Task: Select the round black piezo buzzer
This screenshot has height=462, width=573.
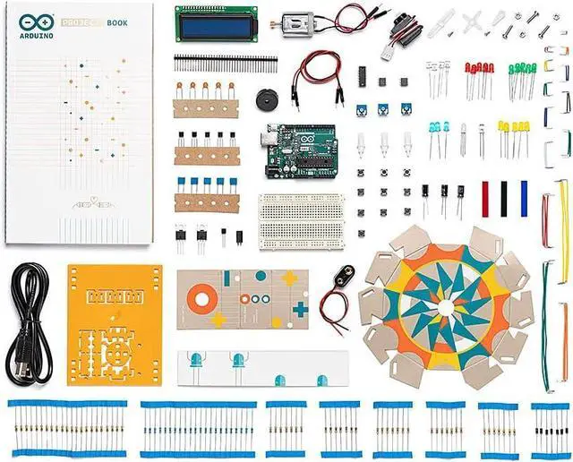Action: (266, 98)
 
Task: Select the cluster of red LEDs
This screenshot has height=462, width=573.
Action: (478, 69)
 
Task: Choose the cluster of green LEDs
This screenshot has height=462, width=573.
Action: (522, 69)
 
